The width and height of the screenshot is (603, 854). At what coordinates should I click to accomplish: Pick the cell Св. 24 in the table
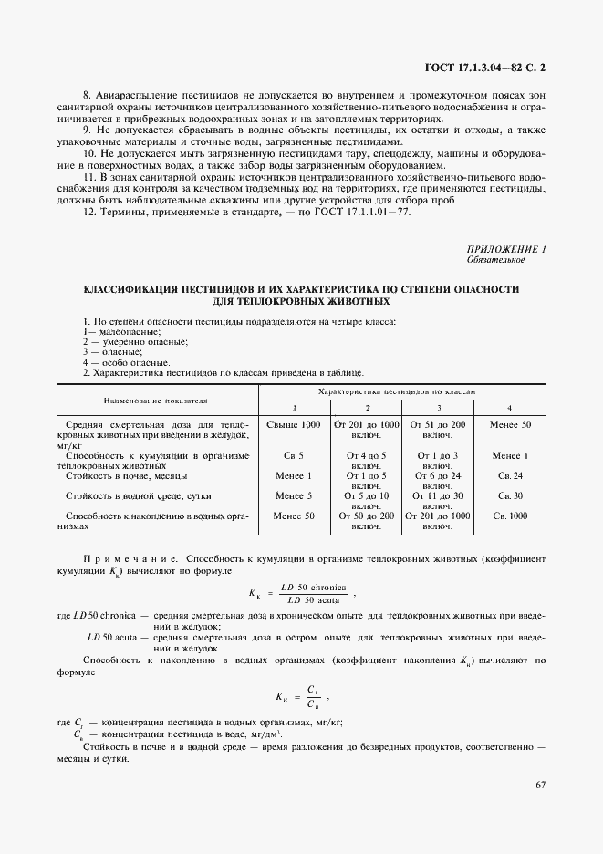pyautogui.click(x=510, y=475)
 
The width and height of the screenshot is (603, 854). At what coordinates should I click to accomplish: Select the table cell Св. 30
pyautogui.click(x=510, y=495)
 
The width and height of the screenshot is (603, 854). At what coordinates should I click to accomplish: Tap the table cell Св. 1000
pyautogui.click(x=510, y=516)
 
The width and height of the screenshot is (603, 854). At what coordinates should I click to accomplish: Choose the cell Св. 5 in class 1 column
pyautogui.click(x=294, y=455)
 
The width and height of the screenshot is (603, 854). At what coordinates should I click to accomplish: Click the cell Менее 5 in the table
pyautogui.click(x=294, y=495)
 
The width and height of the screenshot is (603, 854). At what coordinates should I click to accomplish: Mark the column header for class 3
pyautogui.click(x=439, y=406)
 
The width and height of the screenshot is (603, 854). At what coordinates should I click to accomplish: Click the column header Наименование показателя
pyautogui.click(x=156, y=400)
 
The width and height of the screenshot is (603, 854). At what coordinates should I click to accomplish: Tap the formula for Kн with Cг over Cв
pyautogui.click(x=297, y=696)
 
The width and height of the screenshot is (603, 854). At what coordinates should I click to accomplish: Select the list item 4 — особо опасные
pyautogui.click(x=125, y=362)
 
